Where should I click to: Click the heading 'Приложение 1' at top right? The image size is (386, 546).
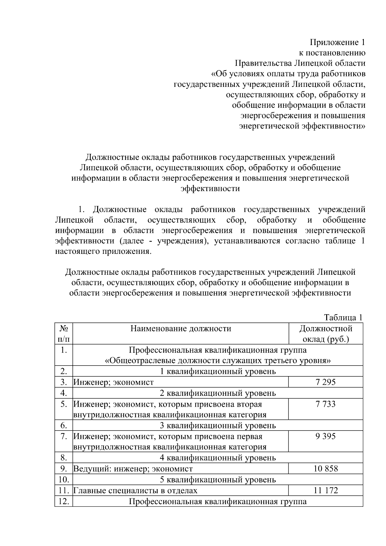tap(337, 42)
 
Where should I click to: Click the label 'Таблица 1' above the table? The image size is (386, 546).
tap(343, 318)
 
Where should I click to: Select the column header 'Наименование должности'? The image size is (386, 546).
tap(180, 329)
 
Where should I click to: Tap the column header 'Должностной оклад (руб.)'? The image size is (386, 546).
tap(326, 334)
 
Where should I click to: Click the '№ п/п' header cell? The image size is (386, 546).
tap(64, 334)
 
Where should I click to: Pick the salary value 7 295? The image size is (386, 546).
tap(326, 382)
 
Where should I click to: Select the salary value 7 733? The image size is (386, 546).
tap(326, 404)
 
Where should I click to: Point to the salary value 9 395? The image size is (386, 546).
tap(326, 436)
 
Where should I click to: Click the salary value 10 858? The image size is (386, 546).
tap(326, 469)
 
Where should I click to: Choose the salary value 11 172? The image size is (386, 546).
tap(326, 491)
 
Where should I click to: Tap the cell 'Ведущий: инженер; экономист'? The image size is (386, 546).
tap(133, 469)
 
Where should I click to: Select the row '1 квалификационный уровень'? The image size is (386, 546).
tap(218, 372)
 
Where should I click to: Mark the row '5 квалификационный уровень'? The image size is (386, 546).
tap(218, 480)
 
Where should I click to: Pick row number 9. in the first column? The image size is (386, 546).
tap(64, 469)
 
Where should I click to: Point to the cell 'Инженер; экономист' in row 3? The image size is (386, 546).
tap(114, 382)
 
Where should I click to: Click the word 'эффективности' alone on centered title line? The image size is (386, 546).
tap(210, 189)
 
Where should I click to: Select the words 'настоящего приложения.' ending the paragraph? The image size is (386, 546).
tap(103, 251)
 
